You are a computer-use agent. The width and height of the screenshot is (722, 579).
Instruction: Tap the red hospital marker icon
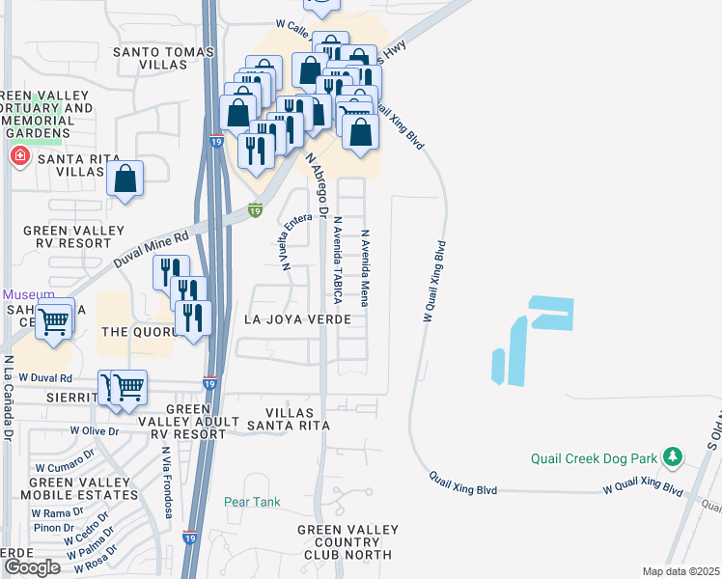point(18,155)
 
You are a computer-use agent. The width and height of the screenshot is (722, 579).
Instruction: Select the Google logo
point(32,567)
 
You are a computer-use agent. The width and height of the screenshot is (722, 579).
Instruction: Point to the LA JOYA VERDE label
point(295,318)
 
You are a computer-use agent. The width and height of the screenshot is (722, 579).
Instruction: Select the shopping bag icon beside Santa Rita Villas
point(125,179)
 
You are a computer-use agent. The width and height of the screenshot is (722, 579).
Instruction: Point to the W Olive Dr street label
point(93,430)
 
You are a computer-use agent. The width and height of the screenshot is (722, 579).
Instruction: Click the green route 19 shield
point(255,209)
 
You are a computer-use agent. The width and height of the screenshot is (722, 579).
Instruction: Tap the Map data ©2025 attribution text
point(680,571)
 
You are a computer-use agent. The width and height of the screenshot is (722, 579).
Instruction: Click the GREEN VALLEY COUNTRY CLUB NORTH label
point(345,542)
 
